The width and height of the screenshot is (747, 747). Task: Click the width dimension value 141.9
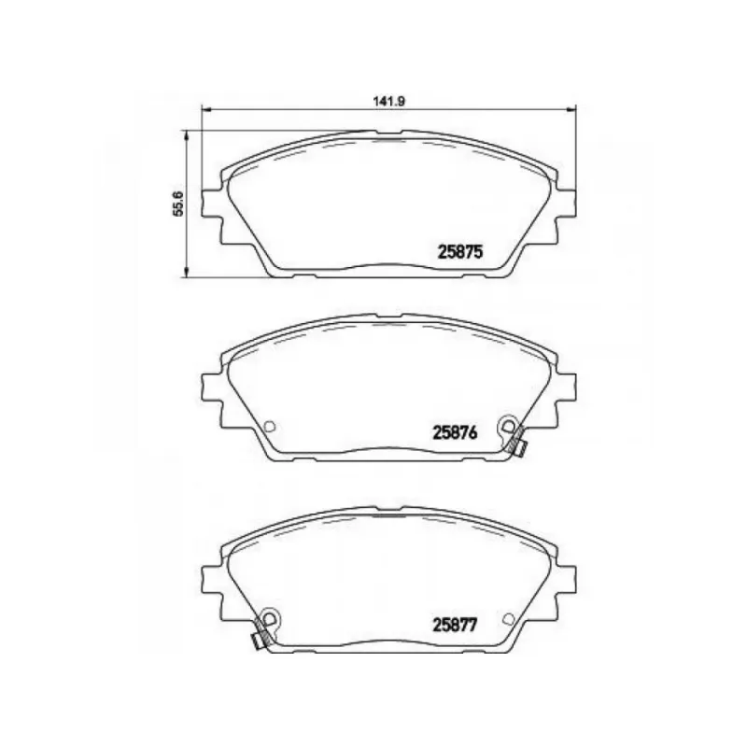pyautogui.click(x=388, y=101)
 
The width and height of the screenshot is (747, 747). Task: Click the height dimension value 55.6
pyautogui.click(x=177, y=204)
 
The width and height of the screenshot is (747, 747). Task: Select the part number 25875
pyautogui.click(x=460, y=251)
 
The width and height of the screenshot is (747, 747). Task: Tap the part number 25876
pyautogui.click(x=455, y=433)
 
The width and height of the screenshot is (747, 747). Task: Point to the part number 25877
pyautogui.click(x=455, y=625)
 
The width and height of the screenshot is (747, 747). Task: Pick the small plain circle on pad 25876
pyautogui.click(x=270, y=426)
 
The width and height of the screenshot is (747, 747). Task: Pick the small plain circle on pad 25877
pyautogui.click(x=509, y=618)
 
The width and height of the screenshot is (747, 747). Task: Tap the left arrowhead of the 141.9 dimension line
pyautogui.click(x=206, y=110)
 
